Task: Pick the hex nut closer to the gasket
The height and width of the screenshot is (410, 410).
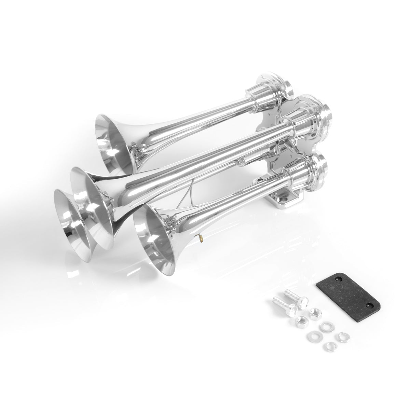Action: (314, 312)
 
